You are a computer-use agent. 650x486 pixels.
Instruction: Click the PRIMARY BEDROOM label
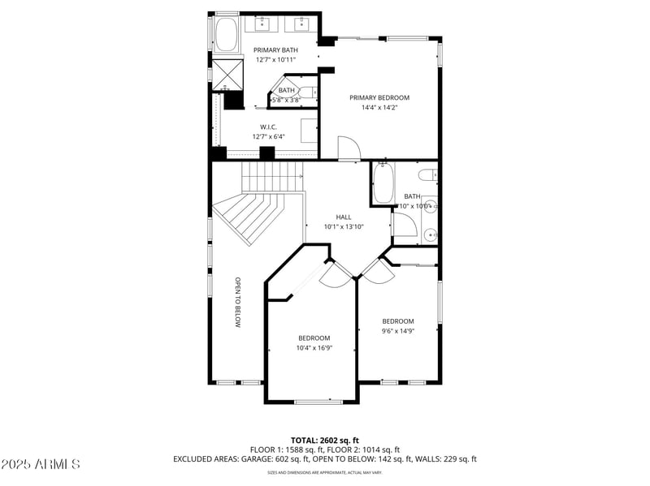coord(379,98)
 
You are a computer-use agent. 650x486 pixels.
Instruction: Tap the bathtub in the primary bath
coord(225,35)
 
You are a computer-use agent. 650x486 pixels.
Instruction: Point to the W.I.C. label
coord(270,127)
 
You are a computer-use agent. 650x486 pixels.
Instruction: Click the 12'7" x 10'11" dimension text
coord(275,60)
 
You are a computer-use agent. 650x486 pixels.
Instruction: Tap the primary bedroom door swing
coord(348,148)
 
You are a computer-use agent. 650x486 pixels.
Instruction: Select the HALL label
coord(344,217)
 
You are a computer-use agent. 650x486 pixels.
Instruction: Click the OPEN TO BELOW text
coord(239,303)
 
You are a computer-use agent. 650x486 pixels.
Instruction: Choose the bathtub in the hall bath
coord(383,184)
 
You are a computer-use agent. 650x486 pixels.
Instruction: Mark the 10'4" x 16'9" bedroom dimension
coord(314,348)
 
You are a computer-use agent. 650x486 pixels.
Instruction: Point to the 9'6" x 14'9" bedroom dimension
coord(398,330)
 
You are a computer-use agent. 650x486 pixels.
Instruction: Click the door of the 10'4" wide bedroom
coord(335,276)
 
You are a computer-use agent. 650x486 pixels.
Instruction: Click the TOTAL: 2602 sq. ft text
coord(324,440)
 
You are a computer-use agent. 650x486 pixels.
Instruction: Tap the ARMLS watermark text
coord(41,465)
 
